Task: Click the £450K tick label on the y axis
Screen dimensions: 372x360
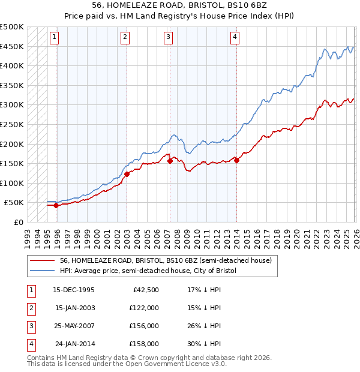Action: click(x=12, y=46)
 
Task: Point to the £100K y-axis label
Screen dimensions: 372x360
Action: click(x=12, y=183)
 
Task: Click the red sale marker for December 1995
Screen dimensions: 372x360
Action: click(x=56, y=205)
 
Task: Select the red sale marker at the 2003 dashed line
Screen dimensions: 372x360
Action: click(x=127, y=175)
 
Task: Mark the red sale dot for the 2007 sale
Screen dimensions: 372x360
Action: click(x=170, y=161)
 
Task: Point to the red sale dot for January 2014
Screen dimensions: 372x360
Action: click(x=237, y=160)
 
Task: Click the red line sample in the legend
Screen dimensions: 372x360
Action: click(x=42, y=260)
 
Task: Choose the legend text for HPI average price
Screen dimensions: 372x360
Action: click(x=148, y=271)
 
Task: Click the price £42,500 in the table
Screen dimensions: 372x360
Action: click(x=144, y=290)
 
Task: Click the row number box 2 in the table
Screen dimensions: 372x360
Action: click(x=31, y=308)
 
